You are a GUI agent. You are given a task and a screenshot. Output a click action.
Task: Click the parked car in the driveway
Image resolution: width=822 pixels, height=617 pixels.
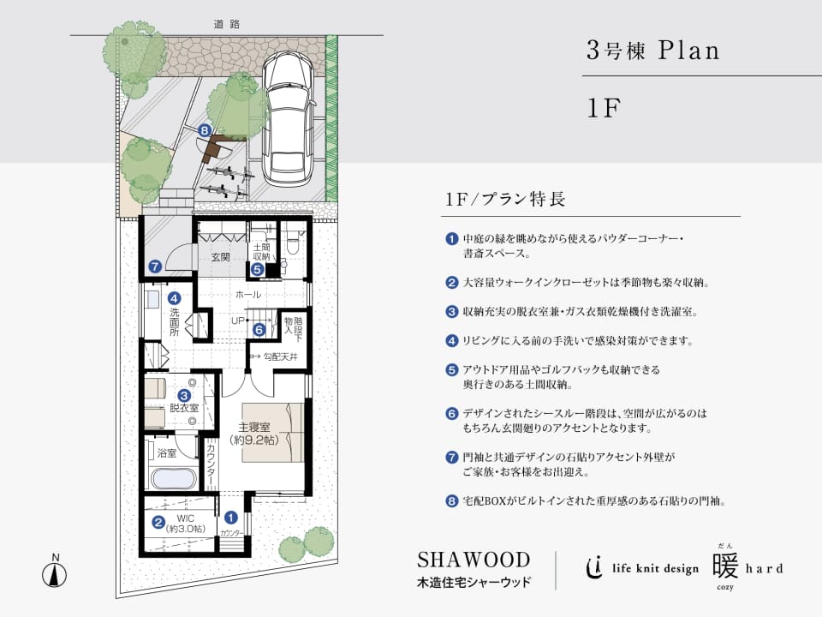[x=289, y=117]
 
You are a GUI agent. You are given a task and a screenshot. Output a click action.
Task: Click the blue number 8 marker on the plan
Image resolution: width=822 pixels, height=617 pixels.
[x=205, y=130]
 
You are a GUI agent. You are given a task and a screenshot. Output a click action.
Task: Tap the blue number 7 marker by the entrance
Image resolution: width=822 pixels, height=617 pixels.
[x=155, y=267]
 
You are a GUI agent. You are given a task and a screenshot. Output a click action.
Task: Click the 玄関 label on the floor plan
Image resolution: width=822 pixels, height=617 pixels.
[x=221, y=257]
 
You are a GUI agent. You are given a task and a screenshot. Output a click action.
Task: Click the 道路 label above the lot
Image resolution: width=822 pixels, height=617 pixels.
[x=226, y=24]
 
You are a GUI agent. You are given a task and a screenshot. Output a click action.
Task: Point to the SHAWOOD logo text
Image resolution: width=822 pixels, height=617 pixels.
[x=474, y=560]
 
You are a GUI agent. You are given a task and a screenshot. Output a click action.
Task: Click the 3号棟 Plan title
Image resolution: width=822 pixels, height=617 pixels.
[x=653, y=51]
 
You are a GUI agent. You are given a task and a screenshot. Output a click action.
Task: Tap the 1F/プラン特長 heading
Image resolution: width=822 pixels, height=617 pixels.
[x=505, y=200]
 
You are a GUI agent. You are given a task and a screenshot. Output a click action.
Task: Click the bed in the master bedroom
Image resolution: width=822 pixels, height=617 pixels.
[x=272, y=432]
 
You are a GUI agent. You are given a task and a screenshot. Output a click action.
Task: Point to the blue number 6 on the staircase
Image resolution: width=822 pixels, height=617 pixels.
[x=259, y=330]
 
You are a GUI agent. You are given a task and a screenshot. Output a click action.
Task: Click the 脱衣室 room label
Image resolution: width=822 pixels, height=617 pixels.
[x=184, y=408]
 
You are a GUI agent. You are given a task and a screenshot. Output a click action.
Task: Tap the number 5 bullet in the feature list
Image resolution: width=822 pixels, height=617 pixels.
[x=452, y=370]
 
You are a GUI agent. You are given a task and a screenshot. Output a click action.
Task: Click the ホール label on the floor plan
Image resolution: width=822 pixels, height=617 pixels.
[x=248, y=295]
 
